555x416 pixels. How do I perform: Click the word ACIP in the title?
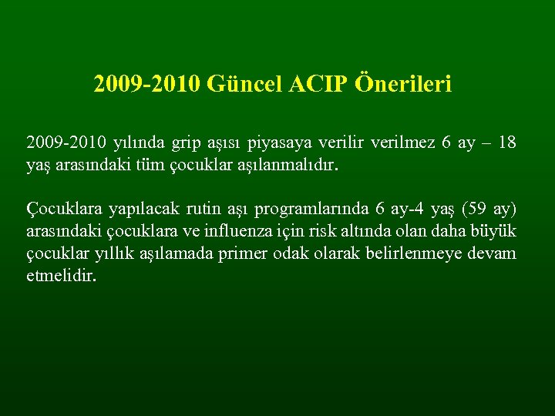pyautogui.click(x=320, y=83)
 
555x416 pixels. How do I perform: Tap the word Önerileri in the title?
pyautogui.click(x=404, y=83)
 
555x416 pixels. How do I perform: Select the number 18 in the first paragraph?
pyautogui.click(x=506, y=143)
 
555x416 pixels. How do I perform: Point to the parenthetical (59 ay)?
pyautogui.click(x=488, y=210)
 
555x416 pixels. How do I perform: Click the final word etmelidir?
pyautogui.click(x=62, y=275)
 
